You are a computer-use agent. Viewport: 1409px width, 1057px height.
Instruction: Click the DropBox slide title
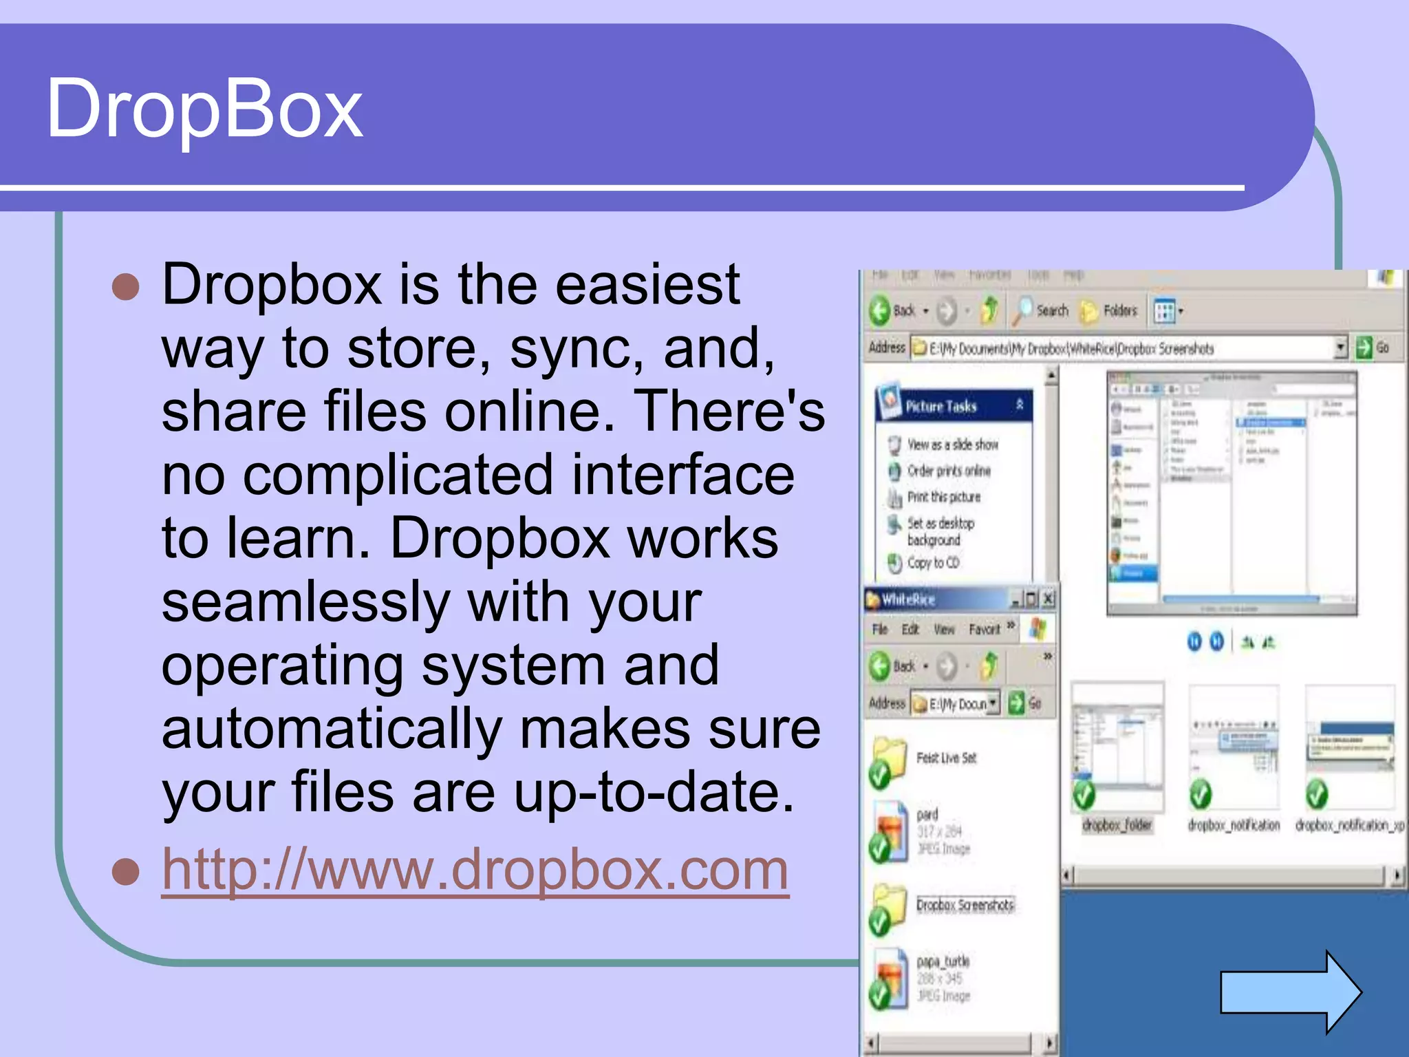(204, 109)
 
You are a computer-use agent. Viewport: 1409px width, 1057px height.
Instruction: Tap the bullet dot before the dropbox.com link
(126, 872)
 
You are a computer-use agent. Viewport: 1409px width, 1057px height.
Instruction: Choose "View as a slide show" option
(952, 445)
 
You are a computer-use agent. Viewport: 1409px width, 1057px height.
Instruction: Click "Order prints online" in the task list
(949, 471)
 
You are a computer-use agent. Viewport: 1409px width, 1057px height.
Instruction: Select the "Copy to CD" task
(933, 563)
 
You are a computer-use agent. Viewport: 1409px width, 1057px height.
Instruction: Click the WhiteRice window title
(908, 599)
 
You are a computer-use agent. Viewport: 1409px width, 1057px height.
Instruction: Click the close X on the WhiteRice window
(1048, 599)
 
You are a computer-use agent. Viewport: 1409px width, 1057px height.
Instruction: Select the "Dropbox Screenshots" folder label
(965, 905)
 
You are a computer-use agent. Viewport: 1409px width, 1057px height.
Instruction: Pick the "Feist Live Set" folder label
(946, 758)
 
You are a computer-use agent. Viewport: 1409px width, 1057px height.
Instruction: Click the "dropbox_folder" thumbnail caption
(1117, 824)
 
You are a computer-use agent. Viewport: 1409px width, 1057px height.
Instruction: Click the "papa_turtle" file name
(943, 961)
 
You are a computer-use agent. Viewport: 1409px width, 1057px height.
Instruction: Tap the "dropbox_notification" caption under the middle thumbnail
(1234, 824)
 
